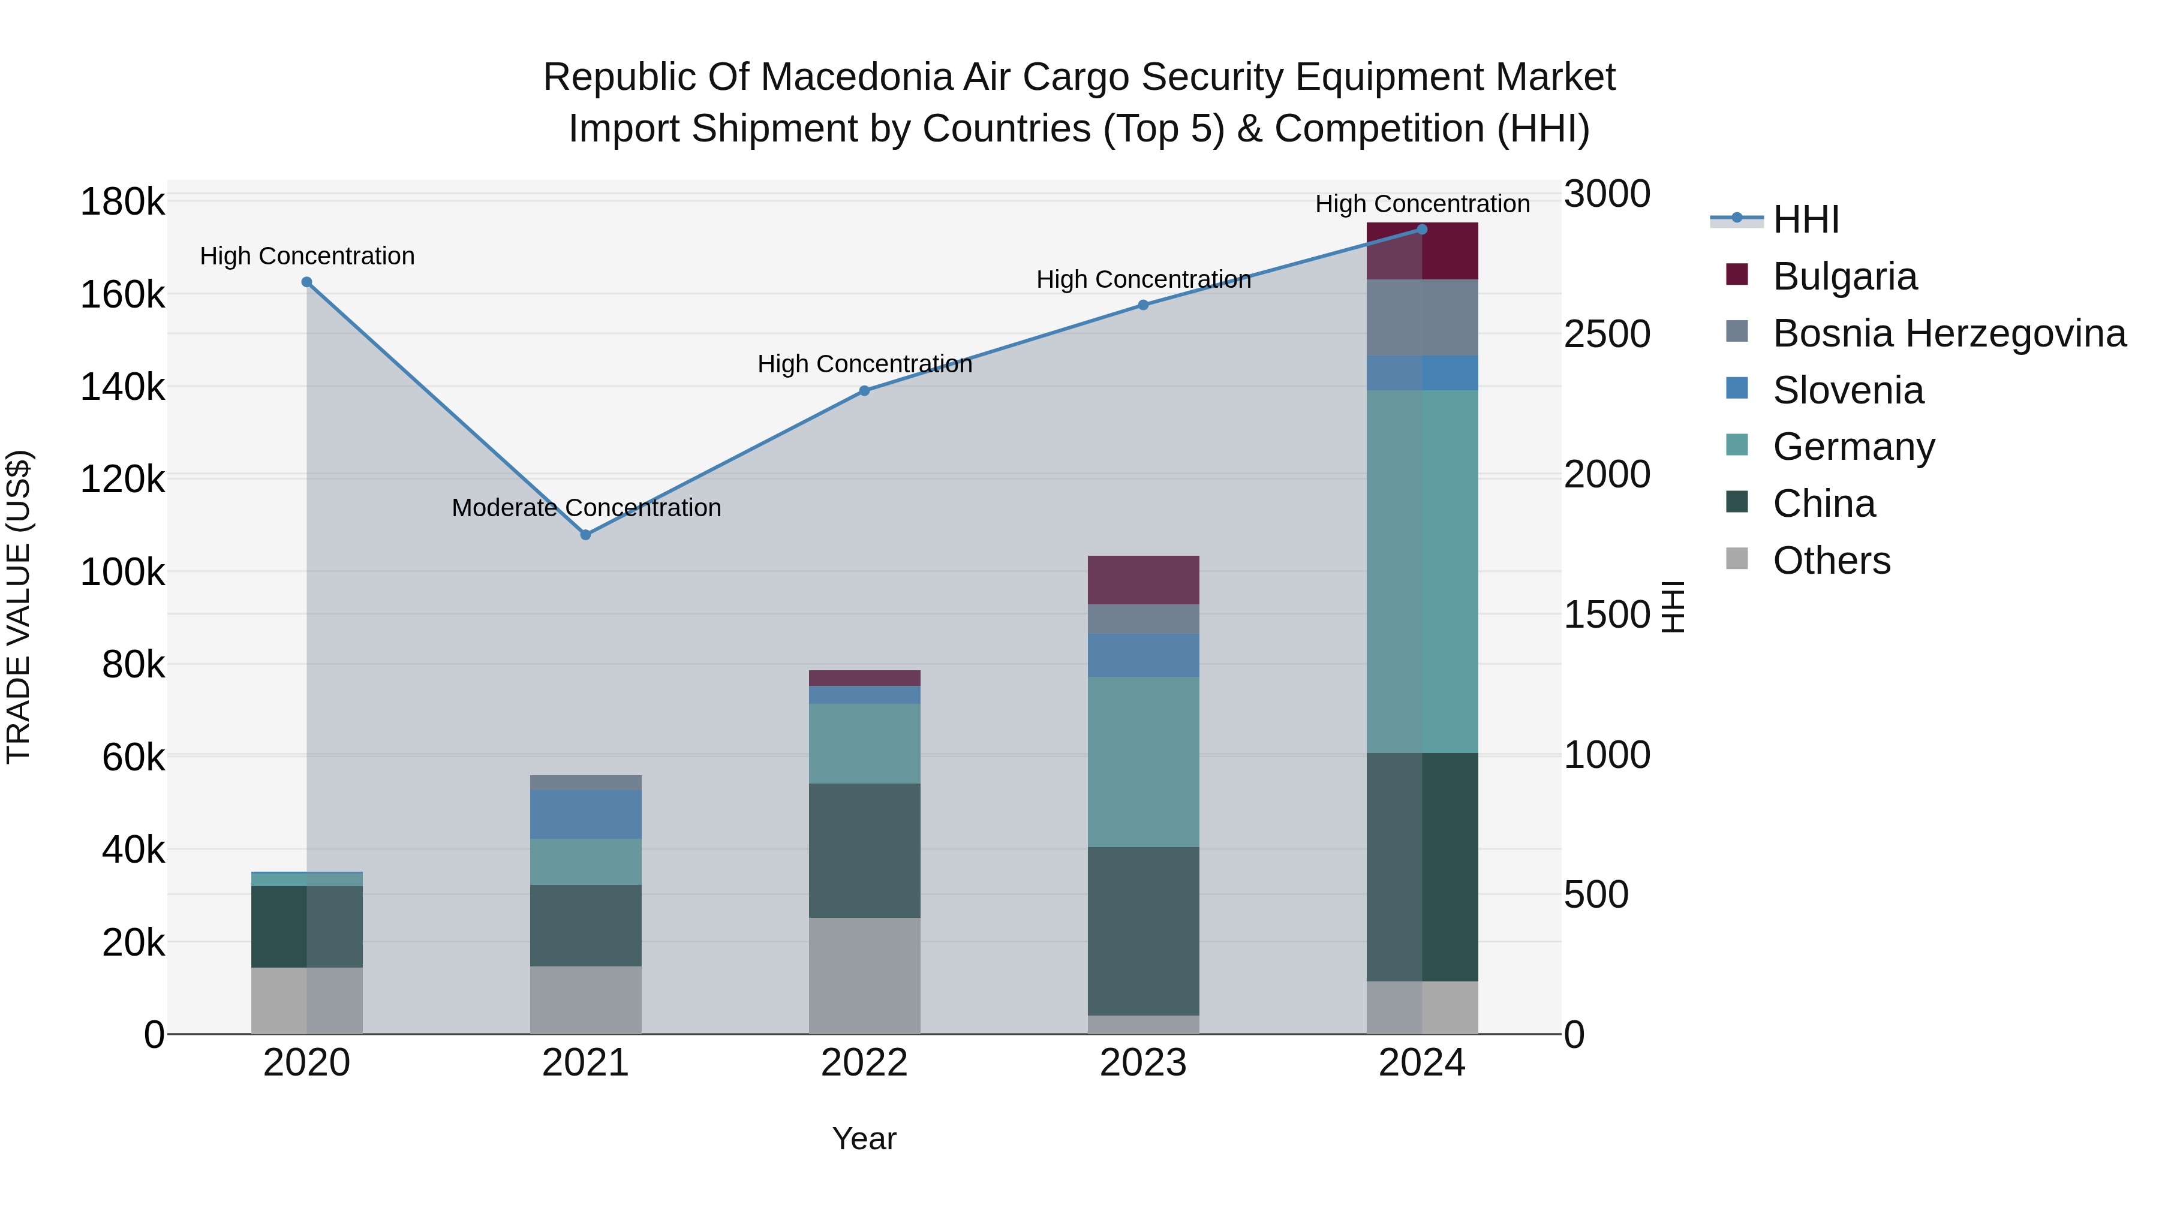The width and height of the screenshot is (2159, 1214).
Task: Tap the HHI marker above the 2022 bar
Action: click(864, 391)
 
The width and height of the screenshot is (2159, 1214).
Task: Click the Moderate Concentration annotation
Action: click(586, 508)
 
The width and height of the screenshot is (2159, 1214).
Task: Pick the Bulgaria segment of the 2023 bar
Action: click(1143, 580)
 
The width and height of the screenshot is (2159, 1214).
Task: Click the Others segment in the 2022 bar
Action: click(864, 975)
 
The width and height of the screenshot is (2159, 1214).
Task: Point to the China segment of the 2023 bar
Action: click(1143, 931)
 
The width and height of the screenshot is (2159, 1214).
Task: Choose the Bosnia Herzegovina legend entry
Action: click(1948, 333)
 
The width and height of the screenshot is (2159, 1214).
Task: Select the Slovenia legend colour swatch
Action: click(1737, 388)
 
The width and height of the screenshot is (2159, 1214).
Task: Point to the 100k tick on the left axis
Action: click(122, 573)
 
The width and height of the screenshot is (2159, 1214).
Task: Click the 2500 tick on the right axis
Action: click(1607, 335)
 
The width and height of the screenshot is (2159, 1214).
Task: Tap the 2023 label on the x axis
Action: click(1143, 1063)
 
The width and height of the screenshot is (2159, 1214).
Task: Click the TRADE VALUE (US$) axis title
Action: click(19, 607)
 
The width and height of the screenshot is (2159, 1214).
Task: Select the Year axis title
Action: click(864, 1138)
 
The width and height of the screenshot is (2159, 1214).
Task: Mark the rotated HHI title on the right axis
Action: click(1673, 607)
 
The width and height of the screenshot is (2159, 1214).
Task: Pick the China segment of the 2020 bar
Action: click(306, 927)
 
